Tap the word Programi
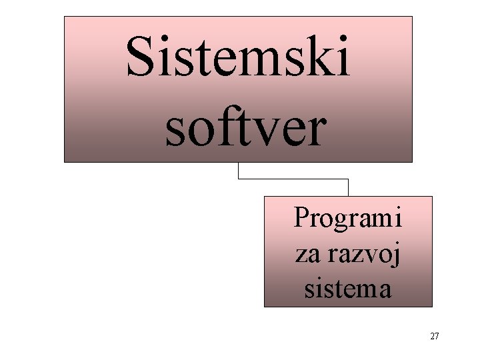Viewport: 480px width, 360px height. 347,218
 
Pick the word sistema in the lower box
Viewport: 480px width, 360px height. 347,290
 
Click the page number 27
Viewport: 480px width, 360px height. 434,336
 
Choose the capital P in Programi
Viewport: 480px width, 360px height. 301,217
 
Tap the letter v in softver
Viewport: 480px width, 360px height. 262,129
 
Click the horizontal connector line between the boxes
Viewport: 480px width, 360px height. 293,179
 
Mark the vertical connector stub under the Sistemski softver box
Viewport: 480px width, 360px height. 238,171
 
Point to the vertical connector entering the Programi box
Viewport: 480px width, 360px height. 348,187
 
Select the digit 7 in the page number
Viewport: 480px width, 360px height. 437,336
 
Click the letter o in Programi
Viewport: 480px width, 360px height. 325,219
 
